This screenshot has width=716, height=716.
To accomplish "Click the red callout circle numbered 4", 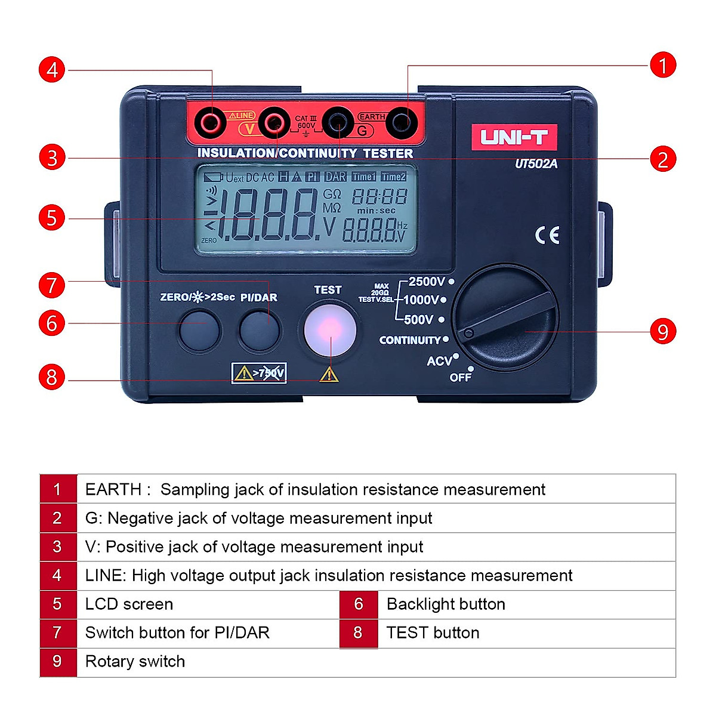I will pos(52,70).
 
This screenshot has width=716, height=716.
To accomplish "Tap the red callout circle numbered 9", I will pos(662,332).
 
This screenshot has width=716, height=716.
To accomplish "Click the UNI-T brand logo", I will pos(514,137).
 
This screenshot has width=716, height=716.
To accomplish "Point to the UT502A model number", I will pos(536,163).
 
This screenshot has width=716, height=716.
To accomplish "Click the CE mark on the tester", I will pos(547,235).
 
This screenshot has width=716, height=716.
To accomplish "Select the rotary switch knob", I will pos(505,317).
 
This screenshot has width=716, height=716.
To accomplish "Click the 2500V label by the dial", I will pos(426,282).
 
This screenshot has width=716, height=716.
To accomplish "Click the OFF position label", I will pos(460,377).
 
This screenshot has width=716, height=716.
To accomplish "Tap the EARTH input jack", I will pos(401,124).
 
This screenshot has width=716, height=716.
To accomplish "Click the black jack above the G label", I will pos(338,124).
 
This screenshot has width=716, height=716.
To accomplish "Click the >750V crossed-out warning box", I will pos(259,374).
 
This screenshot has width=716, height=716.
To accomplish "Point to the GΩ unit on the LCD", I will pos(332,195).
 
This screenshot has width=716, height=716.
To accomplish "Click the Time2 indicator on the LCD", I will pos(393,177).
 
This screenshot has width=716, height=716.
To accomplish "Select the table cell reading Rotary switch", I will pos(135,662).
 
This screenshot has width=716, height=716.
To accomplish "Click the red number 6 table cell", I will pos(359,604).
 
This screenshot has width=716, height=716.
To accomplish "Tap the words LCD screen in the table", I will pos(129,604).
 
